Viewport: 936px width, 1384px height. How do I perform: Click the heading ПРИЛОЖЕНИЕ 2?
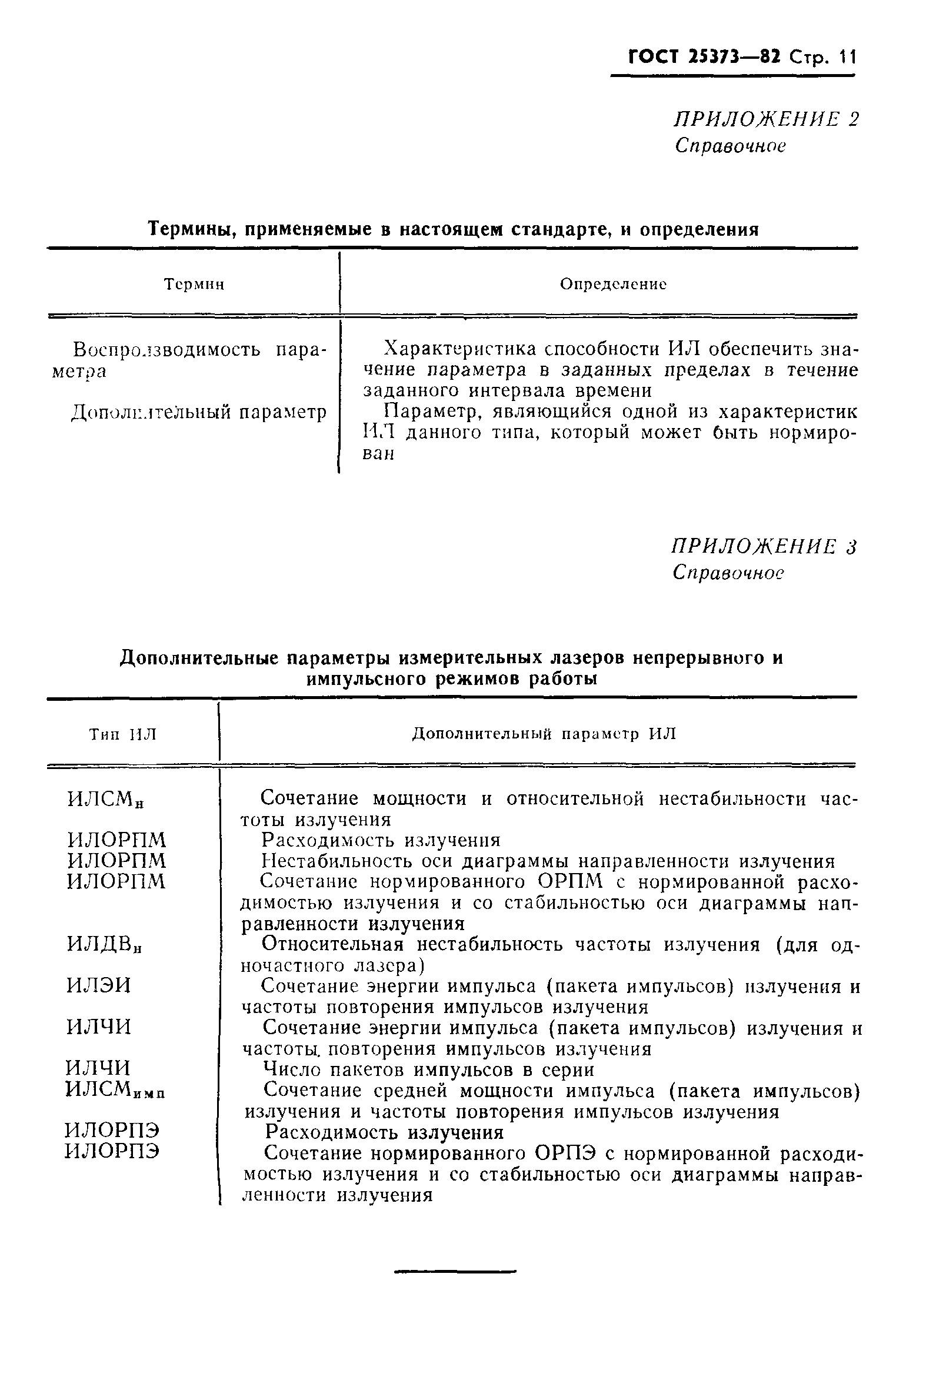click(766, 120)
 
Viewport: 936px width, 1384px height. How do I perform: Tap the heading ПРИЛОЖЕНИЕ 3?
click(764, 547)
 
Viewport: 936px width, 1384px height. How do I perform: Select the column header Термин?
click(194, 285)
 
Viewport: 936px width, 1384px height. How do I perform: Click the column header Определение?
click(613, 285)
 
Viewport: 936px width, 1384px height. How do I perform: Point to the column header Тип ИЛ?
click(123, 734)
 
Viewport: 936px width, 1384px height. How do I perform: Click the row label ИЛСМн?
click(106, 800)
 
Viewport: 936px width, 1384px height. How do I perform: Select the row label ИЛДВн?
click(104, 944)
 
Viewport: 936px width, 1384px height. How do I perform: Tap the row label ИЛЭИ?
click(98, 986)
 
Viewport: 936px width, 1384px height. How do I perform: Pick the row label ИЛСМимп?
click(114, 1090)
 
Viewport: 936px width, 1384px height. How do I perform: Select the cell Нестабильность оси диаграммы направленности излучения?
click(548, 861)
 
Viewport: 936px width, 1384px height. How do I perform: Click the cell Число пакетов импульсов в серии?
click(428, 1069)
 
